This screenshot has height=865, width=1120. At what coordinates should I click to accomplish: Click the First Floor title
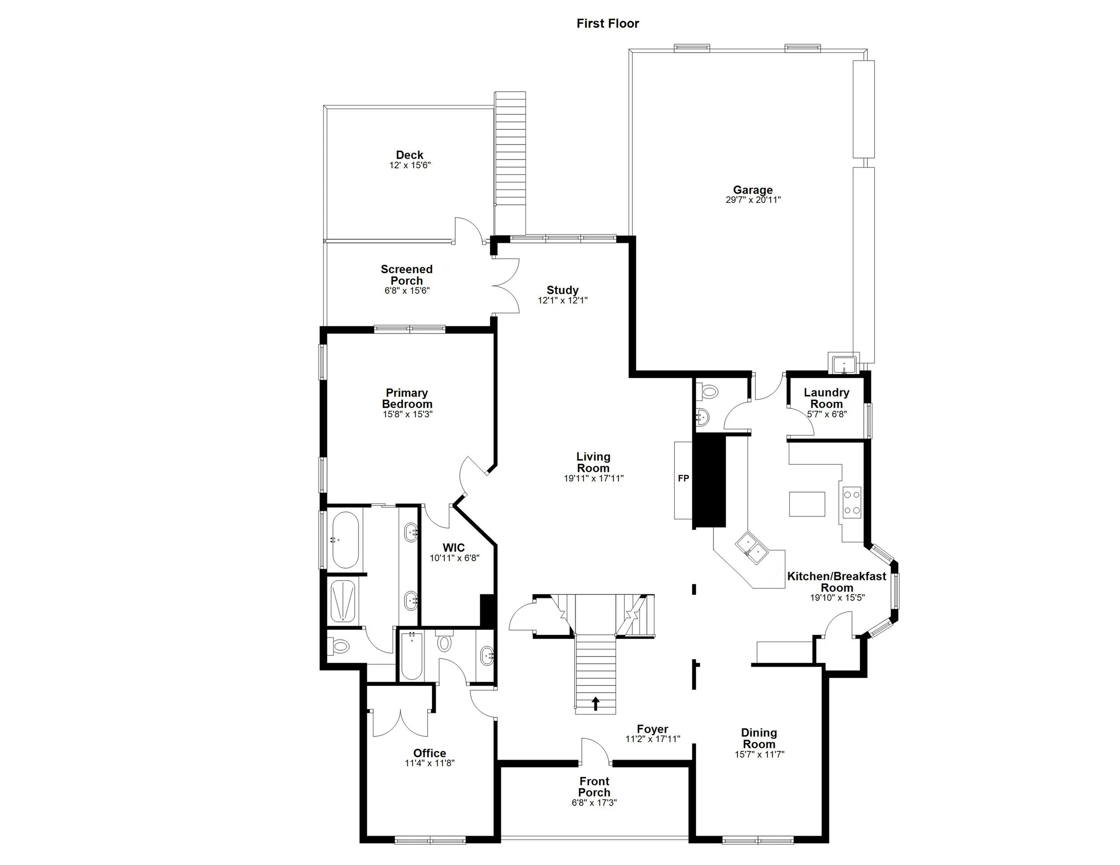(607, 24)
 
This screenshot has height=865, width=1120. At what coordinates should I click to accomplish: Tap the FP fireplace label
(683, 478)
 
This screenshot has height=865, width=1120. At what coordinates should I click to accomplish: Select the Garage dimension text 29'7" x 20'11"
(752, 200)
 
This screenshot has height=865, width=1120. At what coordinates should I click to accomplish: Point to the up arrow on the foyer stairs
(595, 703)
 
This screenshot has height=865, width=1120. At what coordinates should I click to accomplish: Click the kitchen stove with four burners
(852, 502)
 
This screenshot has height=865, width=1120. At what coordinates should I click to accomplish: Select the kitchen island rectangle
(807, 504)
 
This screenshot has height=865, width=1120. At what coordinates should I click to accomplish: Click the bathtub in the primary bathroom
(345, 540)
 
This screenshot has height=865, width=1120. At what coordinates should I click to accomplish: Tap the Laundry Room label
(826, 398)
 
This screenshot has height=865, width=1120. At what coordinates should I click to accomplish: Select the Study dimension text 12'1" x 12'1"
(562, 301)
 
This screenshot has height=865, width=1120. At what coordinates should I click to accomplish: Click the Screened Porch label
(406, 274)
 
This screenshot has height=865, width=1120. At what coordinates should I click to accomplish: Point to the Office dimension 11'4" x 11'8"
(429, 763)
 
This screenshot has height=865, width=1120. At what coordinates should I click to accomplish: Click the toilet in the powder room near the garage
(709, 393)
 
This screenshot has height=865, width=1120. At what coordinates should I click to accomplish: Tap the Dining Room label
(759, 738)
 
